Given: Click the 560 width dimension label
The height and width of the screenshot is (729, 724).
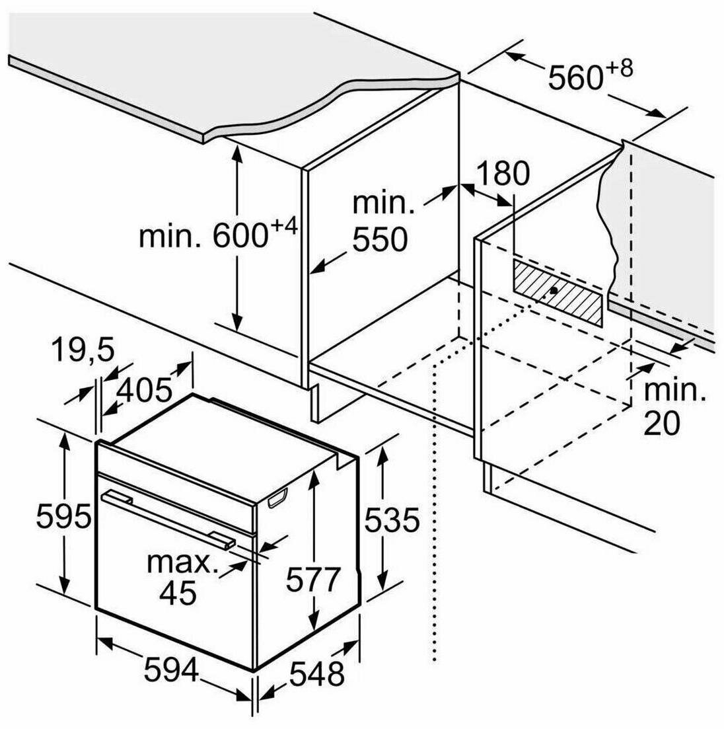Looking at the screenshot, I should point(574,78).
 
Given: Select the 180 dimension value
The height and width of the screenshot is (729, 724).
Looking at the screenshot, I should point(503,173).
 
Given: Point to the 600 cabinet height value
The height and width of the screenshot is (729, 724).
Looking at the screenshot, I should point(240,236).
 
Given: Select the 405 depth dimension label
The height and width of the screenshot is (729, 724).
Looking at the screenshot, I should point(143,391).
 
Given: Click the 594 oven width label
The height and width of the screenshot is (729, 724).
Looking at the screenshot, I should point(172,671).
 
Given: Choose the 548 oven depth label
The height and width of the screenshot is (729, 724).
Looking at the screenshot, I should point(316,673).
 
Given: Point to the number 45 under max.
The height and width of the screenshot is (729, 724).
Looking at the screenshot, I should point(178,592).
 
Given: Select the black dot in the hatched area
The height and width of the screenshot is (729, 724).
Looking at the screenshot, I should point(551,291).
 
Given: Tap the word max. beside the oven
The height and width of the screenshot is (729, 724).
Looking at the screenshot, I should point(182,563).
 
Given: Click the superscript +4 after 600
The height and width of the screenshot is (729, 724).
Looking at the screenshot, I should point(283,228).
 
